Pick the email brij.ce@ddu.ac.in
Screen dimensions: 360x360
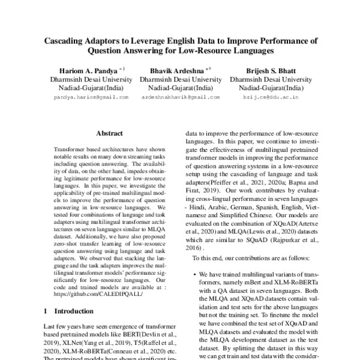coord(265,97)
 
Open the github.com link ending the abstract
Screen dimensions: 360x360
coord(94,295)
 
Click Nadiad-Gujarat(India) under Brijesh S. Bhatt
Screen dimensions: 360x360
coord(265,87)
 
